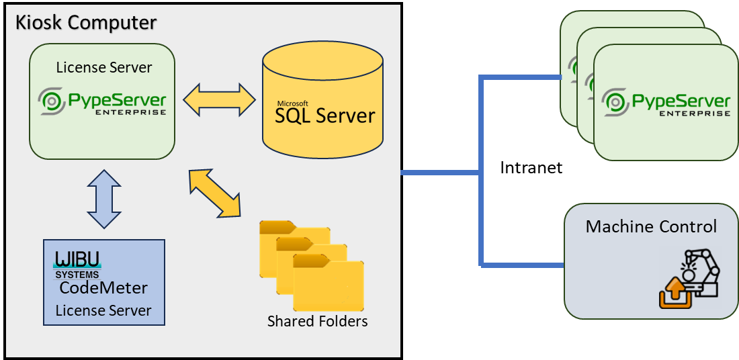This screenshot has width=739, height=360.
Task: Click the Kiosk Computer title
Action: click(x=85, y=22)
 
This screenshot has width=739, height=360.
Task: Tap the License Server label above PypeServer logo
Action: click(x=103, y=67)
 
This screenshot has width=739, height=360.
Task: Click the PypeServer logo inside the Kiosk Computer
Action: click(x=102, y=102)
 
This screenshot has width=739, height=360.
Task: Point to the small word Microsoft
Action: click(x=292, y=103)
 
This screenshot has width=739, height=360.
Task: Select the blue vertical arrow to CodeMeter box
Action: click(x=103, y=199)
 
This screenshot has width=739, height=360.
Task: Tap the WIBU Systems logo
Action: click(x=78, y=265)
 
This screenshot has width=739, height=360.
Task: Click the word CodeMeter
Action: click(x=103, y=289)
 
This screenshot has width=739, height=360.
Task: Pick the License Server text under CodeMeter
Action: click(x=103, y=310)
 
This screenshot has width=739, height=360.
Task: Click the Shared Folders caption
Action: click(x=317, y=321)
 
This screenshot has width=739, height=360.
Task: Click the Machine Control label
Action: click(x=651, y=226)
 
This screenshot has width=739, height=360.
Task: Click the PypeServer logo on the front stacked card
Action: click(x=666, y=102)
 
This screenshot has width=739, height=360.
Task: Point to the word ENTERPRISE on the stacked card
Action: click(x=694, y=114)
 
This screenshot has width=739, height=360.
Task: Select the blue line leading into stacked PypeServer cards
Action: click(x=521, y=78)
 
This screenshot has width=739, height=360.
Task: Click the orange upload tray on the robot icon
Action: click(x=674, y=295)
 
